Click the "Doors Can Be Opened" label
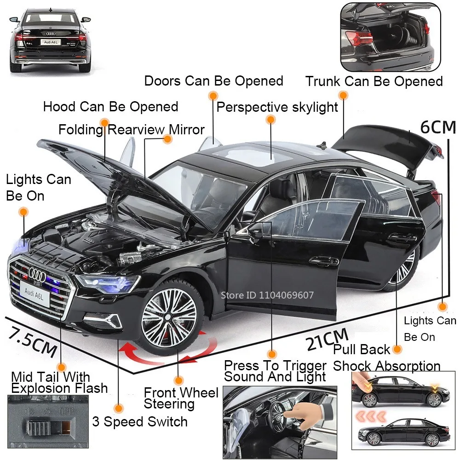click(213, 81)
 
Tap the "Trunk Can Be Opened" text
click(374, 82)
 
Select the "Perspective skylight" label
click(277, 108)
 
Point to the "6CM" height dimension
click(437, 127)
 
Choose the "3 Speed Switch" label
click(140, 422)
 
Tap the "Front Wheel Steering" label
click(181, 398)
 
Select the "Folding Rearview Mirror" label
click(131, 129)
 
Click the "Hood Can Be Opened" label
click(110, 107)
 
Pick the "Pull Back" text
click(362, 350)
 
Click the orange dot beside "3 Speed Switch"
click(120, 408)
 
